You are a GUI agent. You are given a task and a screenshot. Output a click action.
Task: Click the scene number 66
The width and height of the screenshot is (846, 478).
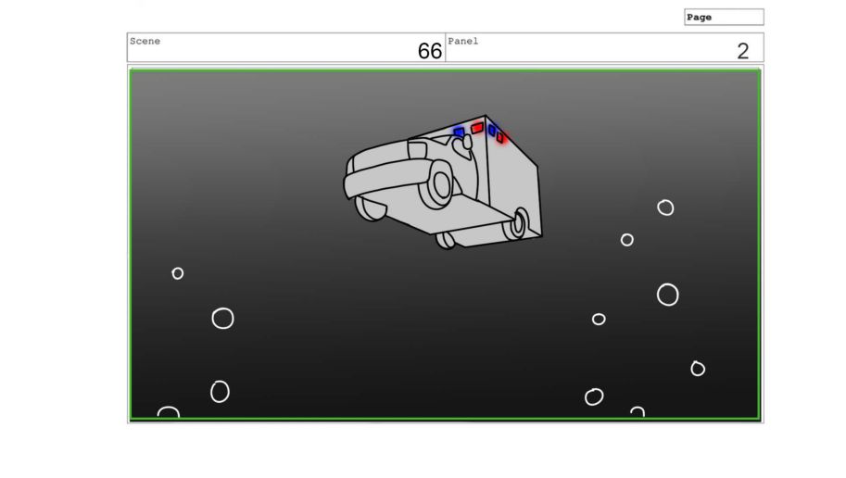[429, 51]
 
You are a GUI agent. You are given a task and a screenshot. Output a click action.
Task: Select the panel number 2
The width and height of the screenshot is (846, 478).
[743, 51]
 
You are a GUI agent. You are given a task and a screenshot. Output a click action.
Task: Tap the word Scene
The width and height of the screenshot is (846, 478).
[145, 41]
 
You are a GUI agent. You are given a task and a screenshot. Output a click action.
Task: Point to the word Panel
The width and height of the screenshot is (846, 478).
[463, 41]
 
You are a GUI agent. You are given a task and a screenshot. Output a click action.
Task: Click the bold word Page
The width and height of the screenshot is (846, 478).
[700, 18]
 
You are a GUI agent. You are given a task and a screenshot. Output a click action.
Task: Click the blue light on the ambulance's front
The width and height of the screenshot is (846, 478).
[459, 132]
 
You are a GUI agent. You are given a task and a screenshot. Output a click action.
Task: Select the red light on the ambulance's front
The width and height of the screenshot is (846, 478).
[477, 128]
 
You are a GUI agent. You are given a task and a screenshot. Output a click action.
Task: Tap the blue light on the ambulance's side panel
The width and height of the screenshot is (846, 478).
[492, 130]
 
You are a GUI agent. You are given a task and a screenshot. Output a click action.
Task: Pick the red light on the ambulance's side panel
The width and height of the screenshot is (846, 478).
[500, 138]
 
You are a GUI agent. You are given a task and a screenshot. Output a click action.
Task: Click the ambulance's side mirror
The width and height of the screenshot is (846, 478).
[467, 142]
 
